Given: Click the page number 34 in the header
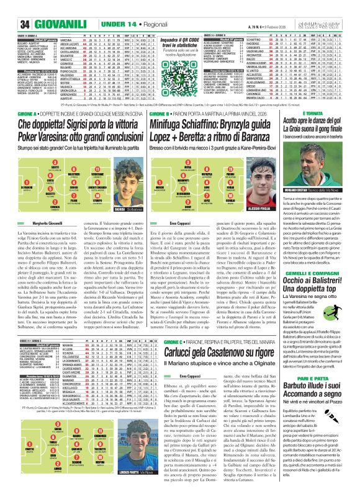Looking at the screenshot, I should (11, 7).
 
